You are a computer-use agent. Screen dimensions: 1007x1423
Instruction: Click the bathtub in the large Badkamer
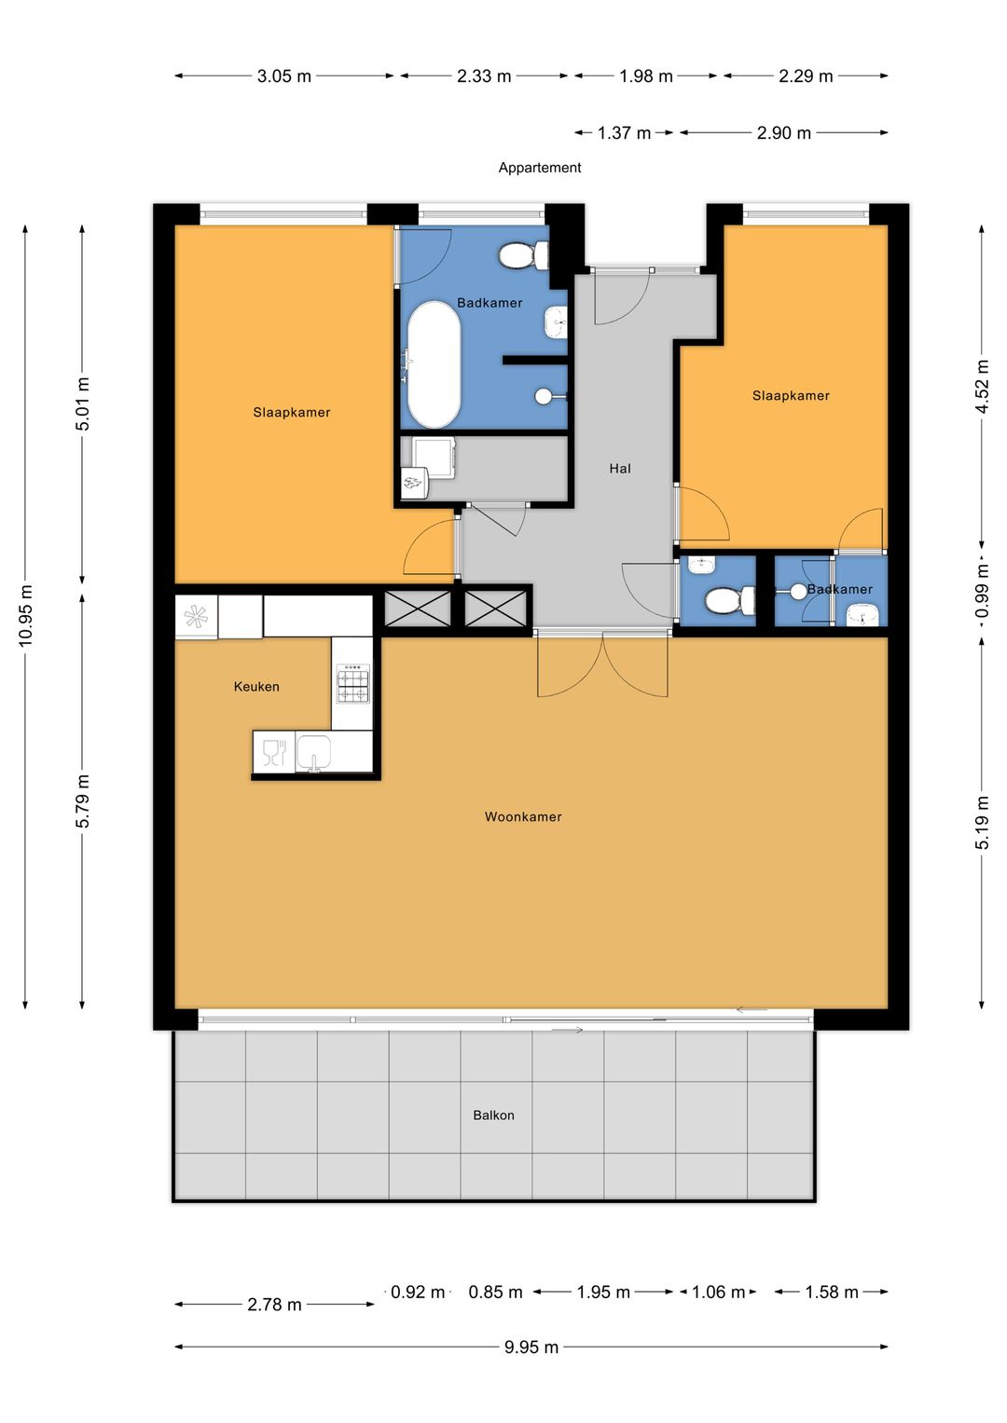pos(434,364)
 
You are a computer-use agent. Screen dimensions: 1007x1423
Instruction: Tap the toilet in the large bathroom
pos(524,255)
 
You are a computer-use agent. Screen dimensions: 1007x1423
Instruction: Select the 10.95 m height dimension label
pos(25,616)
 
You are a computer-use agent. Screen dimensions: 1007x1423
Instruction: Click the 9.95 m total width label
pos(531,1347)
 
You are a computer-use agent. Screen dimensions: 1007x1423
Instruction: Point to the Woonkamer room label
pos(523,816)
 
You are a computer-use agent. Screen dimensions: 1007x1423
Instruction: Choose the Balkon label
pos(493,1115)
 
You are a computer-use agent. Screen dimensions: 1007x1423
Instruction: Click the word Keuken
pos(256,686)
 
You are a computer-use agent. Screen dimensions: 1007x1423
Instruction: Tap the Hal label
pos(620,468)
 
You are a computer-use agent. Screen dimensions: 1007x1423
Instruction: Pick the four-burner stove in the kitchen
pos(352,684)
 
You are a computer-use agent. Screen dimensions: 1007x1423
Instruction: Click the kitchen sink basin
pos(313,752)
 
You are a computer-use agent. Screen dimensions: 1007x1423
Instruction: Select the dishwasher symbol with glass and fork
pos(275,752)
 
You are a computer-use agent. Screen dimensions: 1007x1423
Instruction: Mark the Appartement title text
pos(540,168)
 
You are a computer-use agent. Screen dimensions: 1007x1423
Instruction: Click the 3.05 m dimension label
pos(284,76)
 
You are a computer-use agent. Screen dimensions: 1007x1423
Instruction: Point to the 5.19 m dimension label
pos(982,822)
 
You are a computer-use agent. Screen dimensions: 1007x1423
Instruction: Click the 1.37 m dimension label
pos(625,132)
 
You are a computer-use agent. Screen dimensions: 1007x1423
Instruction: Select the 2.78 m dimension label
pos(275,1305)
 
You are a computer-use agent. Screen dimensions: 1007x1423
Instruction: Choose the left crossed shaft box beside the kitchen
pos(417,609)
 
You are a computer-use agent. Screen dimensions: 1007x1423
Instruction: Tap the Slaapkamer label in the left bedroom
pos(292,412)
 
